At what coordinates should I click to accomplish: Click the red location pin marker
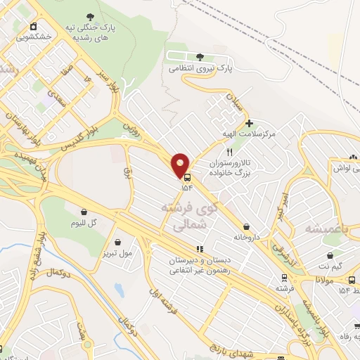181,165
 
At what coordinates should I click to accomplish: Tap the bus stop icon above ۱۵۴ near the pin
186,177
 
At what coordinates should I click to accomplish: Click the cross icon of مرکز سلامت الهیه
249,122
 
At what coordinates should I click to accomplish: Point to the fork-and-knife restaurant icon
229,152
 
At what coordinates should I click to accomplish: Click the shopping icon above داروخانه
246,226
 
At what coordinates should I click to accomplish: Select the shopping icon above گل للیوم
84,212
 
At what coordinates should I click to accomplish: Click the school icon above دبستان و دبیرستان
200,248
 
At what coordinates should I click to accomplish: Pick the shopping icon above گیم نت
329,256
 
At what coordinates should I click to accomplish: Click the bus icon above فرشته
283,278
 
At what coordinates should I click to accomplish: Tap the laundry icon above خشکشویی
34,26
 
